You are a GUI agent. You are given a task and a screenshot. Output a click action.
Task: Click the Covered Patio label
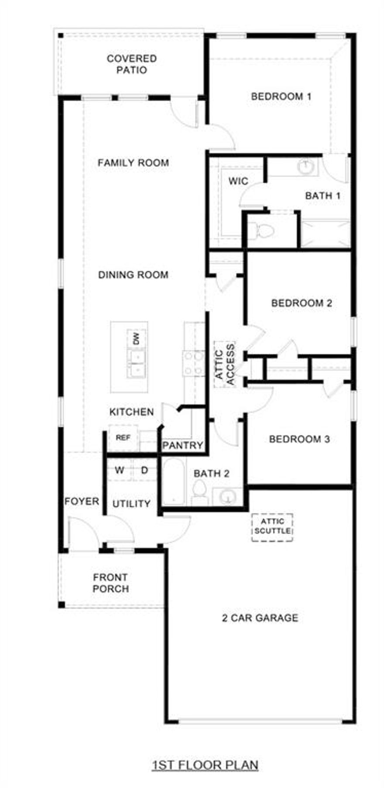tap(131, 64)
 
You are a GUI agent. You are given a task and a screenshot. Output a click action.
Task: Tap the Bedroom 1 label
tap(281, 96)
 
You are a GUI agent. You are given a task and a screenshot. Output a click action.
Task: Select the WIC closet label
tap(238, 181)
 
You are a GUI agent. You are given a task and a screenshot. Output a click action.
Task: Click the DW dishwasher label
tap(136, 338)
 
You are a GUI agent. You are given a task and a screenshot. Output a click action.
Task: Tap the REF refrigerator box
tap(123, 437)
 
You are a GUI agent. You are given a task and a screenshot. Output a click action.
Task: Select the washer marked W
tap(119, 471)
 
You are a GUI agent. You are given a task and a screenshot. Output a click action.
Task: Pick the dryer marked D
tap(144, 471)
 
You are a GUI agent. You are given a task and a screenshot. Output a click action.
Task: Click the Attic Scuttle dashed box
tap(272, 526)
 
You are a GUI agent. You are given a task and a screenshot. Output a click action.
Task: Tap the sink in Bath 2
tap(227, 496)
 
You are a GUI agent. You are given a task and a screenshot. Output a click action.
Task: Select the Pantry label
tap(183, 445)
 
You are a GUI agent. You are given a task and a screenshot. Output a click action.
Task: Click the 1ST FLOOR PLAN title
tap(205, 740)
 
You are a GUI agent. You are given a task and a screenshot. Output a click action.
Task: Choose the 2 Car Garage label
tap(260, 617)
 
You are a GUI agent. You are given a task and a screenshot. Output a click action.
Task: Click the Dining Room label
tap(133, 275)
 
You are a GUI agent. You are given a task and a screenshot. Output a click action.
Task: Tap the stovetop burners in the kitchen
tap(193, 363)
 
